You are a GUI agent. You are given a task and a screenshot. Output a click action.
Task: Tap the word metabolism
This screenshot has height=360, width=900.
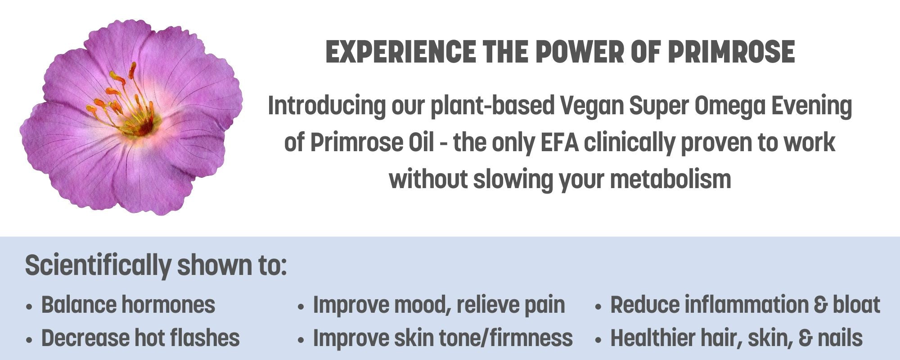tap(670, 179)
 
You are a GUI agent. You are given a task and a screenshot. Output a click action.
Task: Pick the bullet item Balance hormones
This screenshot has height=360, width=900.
tap(128, 305)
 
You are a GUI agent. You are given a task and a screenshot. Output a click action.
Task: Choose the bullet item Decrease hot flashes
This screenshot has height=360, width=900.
tap(140, 338)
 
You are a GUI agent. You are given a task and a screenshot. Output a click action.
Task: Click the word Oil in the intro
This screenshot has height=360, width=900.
tap(422, 142)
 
